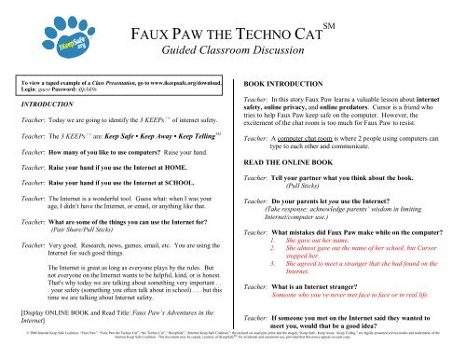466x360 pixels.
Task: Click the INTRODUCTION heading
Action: (x=40, y=105)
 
